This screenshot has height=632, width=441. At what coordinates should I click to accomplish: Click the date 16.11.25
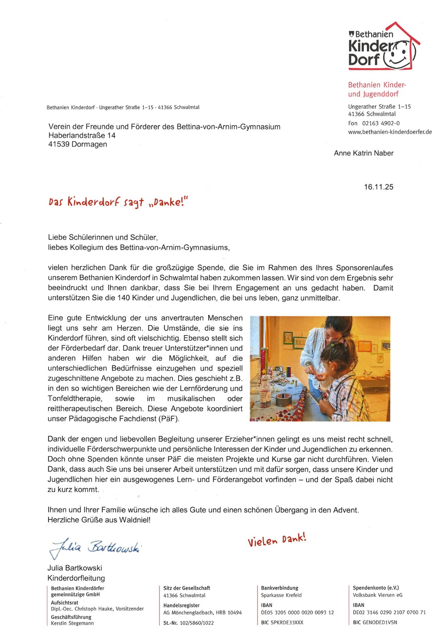pyautogui.click(x=378, y=187)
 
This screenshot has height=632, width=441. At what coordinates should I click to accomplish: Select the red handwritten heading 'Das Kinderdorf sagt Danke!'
pyautogui.click(x=118, y=202)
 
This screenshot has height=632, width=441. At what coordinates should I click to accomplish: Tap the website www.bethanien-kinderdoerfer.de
pyautogui.click(x=390, y=132)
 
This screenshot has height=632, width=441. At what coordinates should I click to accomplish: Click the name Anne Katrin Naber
pyautogui.click(x=364, y=153)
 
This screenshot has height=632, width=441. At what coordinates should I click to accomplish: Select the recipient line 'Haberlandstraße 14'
pyautogui.click(x=82, y=135)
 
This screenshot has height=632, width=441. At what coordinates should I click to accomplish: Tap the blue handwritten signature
pyautogui.click(x=95, y=547)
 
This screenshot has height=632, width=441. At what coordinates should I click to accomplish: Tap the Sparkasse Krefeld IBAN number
pyautogui.click(x=297, y=613)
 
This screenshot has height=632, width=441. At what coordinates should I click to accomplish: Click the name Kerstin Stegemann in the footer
pyautogui.click(x=72, y=623)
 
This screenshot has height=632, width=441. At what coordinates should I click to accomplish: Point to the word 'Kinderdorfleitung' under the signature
pyautogui.click(x=76, y=578)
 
